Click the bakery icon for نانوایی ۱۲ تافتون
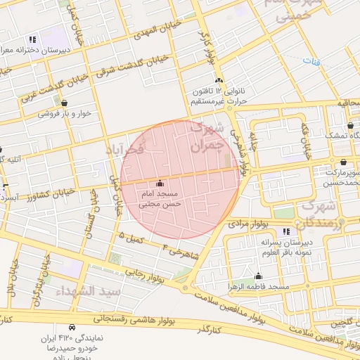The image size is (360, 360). point(219,81)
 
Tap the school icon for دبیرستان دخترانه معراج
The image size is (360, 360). point(32,39)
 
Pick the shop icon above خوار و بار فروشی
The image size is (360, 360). point(65,103)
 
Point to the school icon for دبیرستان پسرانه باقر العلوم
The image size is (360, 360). point(285,231)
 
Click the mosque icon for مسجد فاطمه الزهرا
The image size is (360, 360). point(259,276)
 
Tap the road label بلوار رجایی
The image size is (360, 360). point(146,271)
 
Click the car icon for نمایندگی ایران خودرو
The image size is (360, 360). point(72,328)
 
